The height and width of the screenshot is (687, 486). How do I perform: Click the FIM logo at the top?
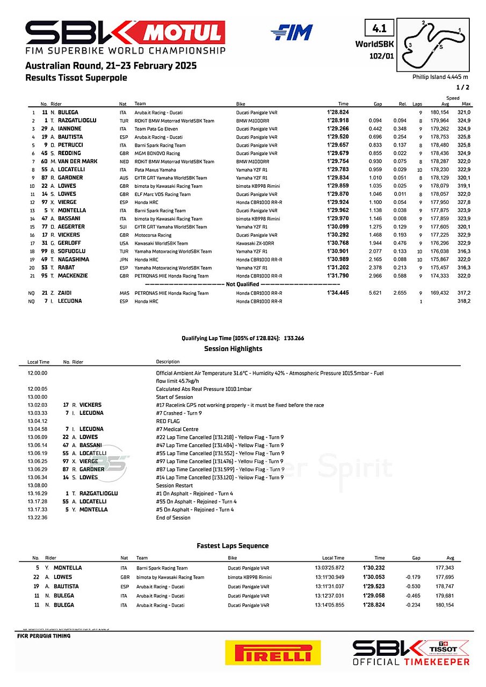(x=292, y=33)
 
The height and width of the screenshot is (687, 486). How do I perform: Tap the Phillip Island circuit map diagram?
(x=433, y=45)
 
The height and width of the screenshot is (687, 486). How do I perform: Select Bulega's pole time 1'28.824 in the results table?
(x=338, y=113)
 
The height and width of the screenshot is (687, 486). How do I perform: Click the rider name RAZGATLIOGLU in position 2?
(x=77, y=121)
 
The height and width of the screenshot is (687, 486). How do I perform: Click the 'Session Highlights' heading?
(x=233, y=349)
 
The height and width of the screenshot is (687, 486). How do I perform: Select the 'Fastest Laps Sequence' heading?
(x=233, y=546)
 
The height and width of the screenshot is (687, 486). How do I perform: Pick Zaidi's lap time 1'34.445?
(x=338, y=293)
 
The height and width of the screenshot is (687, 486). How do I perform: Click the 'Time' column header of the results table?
(x=343, y=104)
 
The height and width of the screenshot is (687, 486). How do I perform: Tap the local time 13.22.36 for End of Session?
(x=38, y=518)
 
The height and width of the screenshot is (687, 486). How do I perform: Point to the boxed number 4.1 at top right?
(x=379, y=27)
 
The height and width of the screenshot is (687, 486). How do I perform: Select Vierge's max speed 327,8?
(x=462, y=202)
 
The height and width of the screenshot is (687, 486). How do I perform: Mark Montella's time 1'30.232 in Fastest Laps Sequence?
(x=374, y=568)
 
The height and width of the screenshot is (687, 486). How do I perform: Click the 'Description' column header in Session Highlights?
(x=168, y=362)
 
